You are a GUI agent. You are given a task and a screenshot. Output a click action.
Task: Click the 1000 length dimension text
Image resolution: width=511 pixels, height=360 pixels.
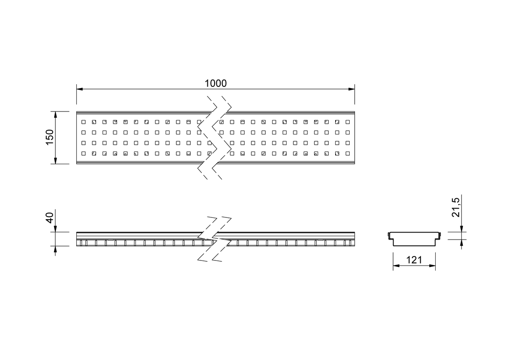pyautogui.click(x=215, y=83)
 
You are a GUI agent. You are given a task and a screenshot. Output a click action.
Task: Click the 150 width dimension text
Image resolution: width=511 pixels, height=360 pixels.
pyautogui.click(x=50, y=137)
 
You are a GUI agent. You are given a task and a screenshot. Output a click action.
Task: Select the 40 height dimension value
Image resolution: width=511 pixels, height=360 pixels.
pyautogui.click(x=50, y=218)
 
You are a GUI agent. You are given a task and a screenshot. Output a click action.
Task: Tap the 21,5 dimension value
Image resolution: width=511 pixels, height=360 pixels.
pyautogui.click(x=456, y=207)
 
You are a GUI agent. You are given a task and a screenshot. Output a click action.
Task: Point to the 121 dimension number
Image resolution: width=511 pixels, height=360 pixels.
pyautogui.click(x=414, y=260)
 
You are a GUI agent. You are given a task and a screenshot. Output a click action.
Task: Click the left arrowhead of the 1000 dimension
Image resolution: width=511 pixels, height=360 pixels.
pyautogui.click(x=80, y=89)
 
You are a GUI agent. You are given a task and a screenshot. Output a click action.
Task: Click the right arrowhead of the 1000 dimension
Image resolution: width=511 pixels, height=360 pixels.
pyautogui.click(x=352, y=89)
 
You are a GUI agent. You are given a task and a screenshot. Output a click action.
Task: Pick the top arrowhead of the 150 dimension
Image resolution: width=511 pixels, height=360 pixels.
pyautogui.click(x=55, y=114)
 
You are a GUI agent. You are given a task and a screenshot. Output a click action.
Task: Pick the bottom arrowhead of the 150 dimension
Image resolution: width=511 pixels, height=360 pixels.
pyautogui.click(x=55, y=161)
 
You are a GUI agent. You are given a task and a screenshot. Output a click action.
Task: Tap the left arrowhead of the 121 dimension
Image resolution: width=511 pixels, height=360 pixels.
pyautogui.click(x=396, y=266)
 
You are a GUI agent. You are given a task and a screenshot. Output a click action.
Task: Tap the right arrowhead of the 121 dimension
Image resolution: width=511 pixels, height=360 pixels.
pyautogui.click(x=432, y=266)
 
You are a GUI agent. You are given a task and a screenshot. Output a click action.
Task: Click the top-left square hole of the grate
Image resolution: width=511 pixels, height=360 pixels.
pyautogui.click(x=83, y=122)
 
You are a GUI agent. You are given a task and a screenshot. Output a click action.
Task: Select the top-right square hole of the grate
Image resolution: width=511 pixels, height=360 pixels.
pyautogui.click(x=347, y=122)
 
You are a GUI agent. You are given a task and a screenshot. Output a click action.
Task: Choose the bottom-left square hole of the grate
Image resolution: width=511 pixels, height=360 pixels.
pyautogui.click(x=83, y=154)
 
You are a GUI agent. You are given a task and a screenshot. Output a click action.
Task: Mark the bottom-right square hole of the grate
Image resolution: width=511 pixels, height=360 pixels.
pyautogui.click(x=347, y=154)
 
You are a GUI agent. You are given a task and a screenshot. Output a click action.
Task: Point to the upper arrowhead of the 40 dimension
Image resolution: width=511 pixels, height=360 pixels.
pyautogui.click(x=55, y=229)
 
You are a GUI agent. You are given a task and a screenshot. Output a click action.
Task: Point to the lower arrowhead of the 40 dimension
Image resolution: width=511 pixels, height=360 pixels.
pyautogui.click(x=55, y=249)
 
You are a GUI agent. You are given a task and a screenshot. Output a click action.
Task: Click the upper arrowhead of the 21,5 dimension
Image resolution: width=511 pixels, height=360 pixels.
pyautogui.click(x=462, y=229)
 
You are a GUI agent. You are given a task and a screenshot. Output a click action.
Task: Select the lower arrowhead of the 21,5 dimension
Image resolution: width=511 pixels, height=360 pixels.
pyautogui.click(x=462, y=243)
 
